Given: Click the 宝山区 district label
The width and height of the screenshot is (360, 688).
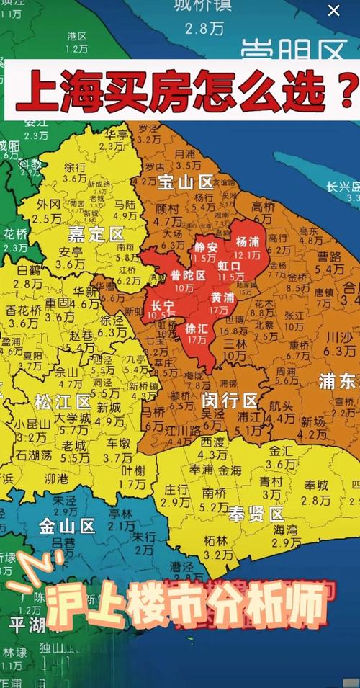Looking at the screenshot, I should (x=186, y=182).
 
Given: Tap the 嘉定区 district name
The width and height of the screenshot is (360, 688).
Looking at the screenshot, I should (x=96, y=234).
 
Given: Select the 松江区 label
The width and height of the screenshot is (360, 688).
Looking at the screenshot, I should (x=63, y=401).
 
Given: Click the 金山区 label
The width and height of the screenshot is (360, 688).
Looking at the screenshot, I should (x=68, y=527).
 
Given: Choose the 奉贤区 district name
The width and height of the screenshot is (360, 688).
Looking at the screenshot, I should (x=257, y=514).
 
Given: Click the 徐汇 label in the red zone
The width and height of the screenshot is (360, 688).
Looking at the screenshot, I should (x=196, y=326).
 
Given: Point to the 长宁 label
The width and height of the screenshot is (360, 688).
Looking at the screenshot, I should (x=162, y=305).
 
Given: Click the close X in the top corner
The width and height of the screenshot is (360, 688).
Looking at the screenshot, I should (x=333, y=10).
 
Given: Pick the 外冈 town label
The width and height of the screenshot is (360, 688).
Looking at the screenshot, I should (x=50, y=204).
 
